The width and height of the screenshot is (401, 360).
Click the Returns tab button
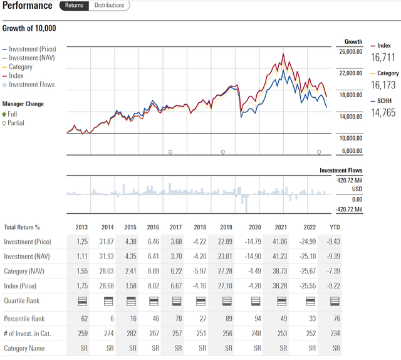pos(74,6)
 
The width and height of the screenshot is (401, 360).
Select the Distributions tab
pos(109,6)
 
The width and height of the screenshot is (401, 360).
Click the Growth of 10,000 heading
pos(29,28)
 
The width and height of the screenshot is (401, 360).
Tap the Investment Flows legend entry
pos(31,85)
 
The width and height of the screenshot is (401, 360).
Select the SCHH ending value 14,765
pos(384,113)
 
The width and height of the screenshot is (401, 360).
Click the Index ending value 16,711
pos(384,58)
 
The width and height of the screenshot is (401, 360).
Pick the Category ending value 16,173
pos(384,85)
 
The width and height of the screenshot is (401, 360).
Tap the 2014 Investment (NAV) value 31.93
pos(107,257)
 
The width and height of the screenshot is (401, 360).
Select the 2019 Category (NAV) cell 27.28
pos(223,271)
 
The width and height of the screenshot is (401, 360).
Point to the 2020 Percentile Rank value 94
pos(258,318)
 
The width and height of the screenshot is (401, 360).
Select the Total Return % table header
pos(22,228)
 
